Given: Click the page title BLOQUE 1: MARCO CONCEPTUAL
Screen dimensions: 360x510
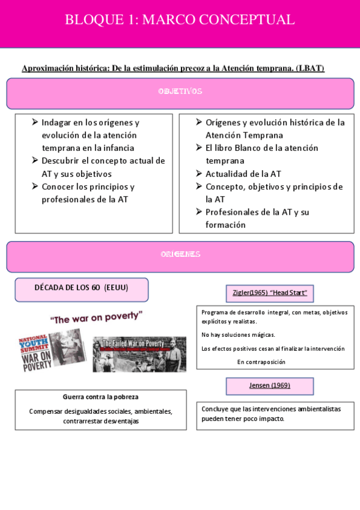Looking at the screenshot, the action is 180,20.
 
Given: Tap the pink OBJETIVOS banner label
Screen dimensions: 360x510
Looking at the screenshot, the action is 180,92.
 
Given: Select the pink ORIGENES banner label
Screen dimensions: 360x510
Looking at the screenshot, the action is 180,254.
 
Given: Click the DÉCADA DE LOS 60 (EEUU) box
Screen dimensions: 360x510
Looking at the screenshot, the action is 81,289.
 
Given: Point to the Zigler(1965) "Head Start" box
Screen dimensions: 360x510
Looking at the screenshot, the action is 270,293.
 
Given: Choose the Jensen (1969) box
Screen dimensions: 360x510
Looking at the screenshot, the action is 270,386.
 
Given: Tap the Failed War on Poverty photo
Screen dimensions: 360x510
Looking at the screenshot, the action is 139,354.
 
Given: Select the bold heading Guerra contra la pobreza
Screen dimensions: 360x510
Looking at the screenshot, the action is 100,398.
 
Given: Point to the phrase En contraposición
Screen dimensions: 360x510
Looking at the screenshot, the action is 261,362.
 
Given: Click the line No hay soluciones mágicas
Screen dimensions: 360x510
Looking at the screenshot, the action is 238,335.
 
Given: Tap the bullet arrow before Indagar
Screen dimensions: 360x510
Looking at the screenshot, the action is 35,122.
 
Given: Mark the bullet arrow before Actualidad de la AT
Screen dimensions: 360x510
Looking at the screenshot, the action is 199,174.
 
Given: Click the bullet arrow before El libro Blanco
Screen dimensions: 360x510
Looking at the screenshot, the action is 199,148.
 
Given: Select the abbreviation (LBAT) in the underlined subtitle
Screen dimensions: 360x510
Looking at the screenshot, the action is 310,69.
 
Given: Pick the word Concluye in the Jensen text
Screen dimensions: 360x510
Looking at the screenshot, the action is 215,409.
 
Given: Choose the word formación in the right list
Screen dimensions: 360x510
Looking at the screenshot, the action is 225,225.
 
